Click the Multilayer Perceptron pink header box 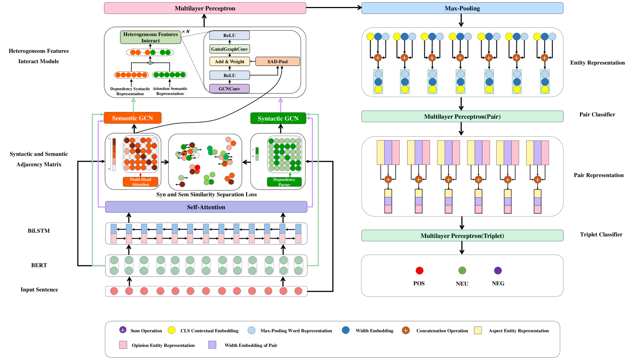(205, 8)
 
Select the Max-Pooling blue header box (462, 8)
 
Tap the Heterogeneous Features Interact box (150, 37)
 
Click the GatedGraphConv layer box (229, 49)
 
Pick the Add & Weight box (229, 62)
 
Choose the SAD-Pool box (277, 62)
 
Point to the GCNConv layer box (229, 89)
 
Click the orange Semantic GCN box (132, 118)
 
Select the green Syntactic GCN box (278, 118)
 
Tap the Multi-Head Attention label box (140, 182)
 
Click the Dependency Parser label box (284, 182)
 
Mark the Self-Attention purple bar (206, 207)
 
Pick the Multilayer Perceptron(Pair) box (462, 116)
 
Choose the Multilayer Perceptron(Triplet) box (462, 236)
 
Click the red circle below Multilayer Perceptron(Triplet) (420, 270)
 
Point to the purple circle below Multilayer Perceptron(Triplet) (498, 270)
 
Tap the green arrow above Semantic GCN (134, 104)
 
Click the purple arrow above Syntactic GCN (281, 105)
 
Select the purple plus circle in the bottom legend (123, 330)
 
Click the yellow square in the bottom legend (478, 330)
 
